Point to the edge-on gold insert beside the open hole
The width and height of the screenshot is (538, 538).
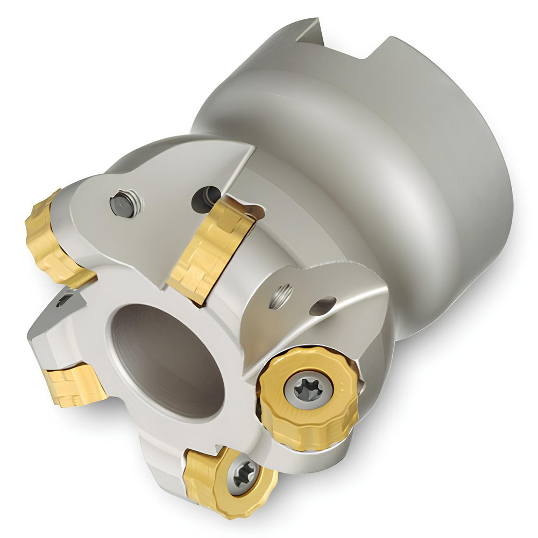[x=207, y=247]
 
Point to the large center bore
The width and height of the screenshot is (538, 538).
[x=167, y=360]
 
